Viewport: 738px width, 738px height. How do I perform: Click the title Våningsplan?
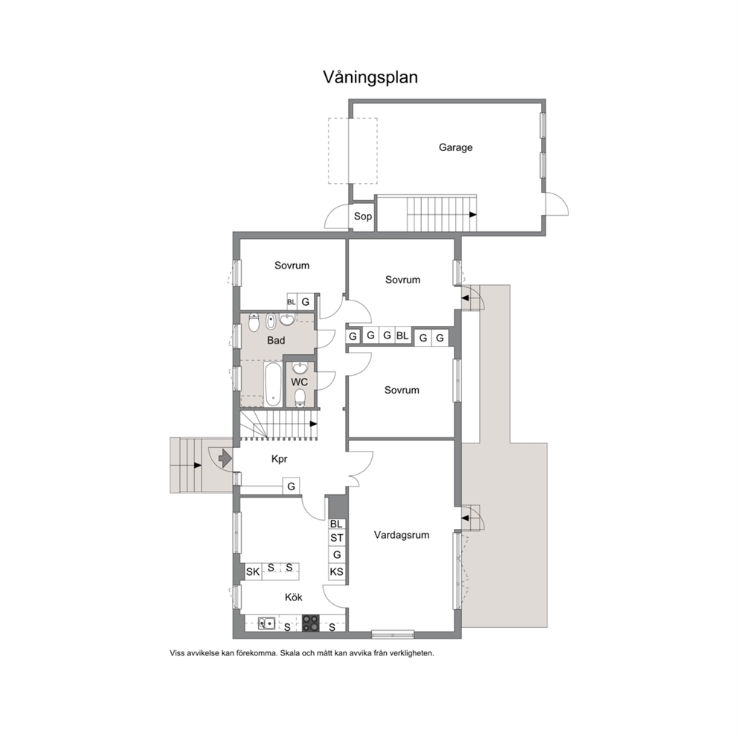tap(370, 77)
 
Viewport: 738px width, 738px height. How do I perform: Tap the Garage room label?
tap(455, 148)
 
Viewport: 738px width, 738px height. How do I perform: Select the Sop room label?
tap(362, 216)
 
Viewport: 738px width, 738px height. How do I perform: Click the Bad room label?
tap(276, 340)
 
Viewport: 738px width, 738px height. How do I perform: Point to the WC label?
tap(299, 382)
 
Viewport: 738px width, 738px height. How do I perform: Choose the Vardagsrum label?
tap(402, 535)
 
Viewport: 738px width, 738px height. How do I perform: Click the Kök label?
tap(293, 597)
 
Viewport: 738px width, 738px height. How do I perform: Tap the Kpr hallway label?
tap(279, 459)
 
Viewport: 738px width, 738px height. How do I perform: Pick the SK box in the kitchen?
tap(253, 572)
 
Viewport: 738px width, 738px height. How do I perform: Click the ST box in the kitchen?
tap(336, 538)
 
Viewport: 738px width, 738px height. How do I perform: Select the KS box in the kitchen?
tap(336, 572)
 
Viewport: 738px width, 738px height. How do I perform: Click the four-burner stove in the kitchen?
tap(310, 623)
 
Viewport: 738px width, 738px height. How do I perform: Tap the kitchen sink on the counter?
tap(267, 623)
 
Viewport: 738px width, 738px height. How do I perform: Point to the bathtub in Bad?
tap(272, 385)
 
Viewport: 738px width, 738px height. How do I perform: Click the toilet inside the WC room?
tap(300, 398)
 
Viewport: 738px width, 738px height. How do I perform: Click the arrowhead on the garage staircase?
tap(473, 214)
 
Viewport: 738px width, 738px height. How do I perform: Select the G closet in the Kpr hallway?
tap(291, 487)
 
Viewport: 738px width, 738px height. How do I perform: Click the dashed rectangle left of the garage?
tap(353, 150)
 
